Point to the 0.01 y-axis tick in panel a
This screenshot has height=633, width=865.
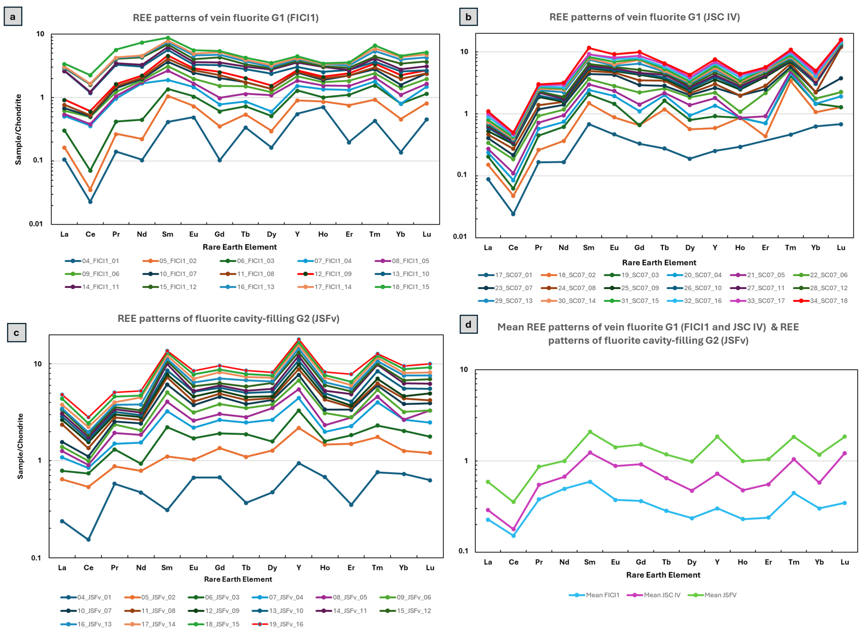pyautogui.click(x=37, y=224)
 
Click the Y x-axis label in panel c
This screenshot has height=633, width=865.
pyautogui.click(x=299, y=568)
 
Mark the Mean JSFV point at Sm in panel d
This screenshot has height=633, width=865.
pyautogui.click(x=590, y=432)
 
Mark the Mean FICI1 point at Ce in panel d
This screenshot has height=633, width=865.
pyautogui.click(x=514, y=536)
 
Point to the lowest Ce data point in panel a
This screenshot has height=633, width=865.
pyautogui.click(x=90, y=202)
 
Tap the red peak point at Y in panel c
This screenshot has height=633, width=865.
pyautogui.click(x=299, y=339)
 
